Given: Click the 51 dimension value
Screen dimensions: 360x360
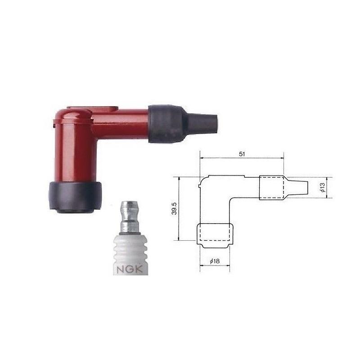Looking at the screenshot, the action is click(242, 154).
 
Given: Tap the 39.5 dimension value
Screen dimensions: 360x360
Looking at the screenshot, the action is click(175, 208).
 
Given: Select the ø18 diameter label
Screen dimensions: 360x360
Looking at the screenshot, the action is click(215, 261).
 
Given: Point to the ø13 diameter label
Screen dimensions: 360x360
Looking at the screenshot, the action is click(323, 187).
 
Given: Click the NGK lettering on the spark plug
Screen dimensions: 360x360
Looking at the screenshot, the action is click(130, 269).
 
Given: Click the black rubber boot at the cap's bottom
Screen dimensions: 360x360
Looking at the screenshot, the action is click(75, 197).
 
